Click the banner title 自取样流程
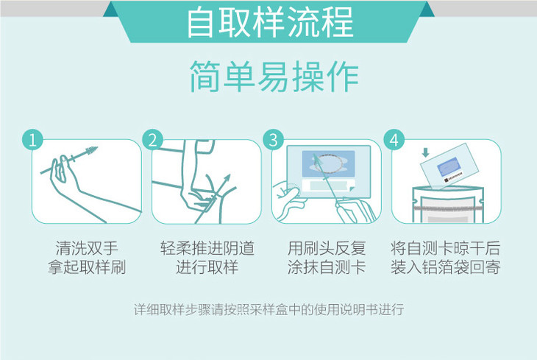(270, 22)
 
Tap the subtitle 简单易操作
(274, 77)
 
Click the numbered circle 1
(32, 140)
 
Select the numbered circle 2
(153, 140)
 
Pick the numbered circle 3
(274, 140)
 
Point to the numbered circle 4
(394, 140)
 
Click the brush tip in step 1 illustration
(90, 151)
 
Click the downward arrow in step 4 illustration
(425, 152)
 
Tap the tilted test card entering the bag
(449, 165)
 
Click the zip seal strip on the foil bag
(448, 208)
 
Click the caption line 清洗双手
(87, 248)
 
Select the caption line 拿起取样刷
(87, 267)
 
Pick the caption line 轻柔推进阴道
(207, 248)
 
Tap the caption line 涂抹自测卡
(327, 267)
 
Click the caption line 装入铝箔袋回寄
(446, 267)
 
